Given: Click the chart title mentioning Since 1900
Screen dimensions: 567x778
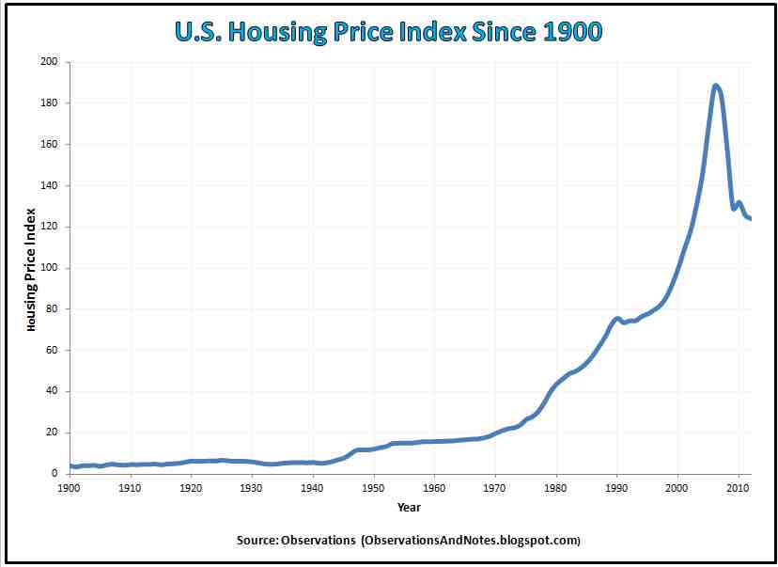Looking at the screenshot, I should [388, 32].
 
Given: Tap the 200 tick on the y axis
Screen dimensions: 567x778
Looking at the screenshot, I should [50, 62].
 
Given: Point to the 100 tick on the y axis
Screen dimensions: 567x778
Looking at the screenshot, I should [50, 268].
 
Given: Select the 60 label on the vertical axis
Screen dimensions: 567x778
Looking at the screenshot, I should [53, 350].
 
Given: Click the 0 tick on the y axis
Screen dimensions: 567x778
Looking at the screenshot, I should [55, 474].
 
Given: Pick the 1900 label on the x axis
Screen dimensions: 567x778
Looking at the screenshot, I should [70, 489].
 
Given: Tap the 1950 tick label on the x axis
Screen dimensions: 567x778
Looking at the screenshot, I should [374, 489].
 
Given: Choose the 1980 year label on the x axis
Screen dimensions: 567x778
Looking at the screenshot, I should [556, 489].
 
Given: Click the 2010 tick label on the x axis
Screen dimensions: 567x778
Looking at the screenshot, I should [739, 489].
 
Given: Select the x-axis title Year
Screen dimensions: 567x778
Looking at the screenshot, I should [409, 508].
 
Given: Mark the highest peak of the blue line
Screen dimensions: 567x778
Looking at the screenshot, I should [716, 86].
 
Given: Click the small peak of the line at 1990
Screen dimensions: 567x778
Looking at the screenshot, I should [617, 319].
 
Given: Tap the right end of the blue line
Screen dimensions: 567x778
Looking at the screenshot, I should [750, 219].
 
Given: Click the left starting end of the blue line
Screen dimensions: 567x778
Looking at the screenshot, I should [70, 465].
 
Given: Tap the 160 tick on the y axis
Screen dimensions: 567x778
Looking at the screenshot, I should [50, 145].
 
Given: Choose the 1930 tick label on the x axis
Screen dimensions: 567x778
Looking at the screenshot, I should [252, 489].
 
